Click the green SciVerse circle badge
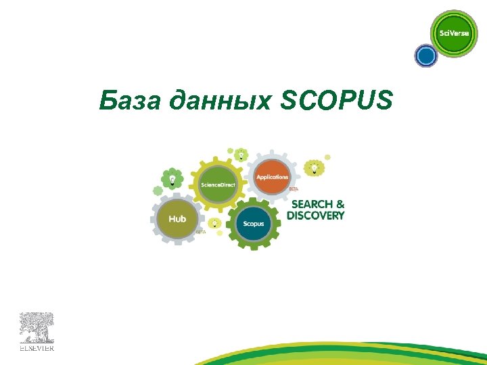point(454,34)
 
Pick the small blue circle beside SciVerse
point(426,55)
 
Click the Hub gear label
point(177,219)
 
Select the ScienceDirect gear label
point(218,185)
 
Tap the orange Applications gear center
point(272,176)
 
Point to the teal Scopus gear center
point(254,224)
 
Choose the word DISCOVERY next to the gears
point(315,216)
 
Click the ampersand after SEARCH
point(340,203)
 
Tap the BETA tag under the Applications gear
point(294,189)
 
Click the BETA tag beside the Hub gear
point(200,232)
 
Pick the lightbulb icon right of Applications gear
point(314,166)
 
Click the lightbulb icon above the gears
point(240,154)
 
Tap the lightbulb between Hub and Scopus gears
point(214,223)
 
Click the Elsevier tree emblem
point(36,328)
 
